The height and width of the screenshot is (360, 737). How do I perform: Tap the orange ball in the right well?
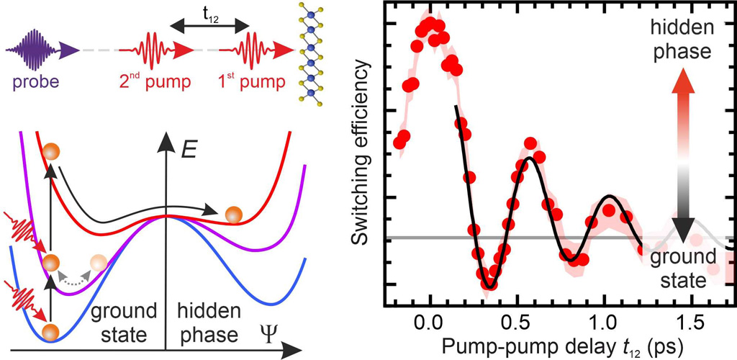[x=233, y=214]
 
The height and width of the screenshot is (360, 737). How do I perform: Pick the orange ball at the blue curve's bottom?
[x=49, y=333]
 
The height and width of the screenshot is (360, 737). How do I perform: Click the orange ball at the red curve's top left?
[x=50, y=152]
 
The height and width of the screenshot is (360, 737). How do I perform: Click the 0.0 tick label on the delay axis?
[x=430, y=318]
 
